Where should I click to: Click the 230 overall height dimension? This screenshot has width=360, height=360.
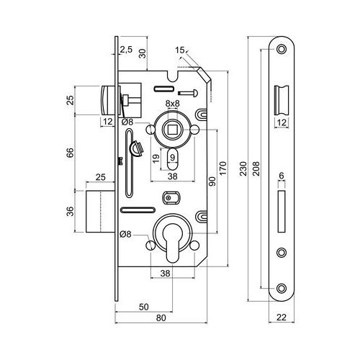coord(243,168)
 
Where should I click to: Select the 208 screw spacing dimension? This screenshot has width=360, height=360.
coord(256,168)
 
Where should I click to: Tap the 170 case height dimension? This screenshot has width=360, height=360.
coord(222,168)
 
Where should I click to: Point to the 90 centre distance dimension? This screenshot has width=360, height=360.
coord(212,181)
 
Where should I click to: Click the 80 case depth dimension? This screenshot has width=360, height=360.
coord(161,318)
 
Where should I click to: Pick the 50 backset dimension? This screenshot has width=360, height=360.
coord(144,307)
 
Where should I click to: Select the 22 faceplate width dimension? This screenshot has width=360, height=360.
coord(282,317)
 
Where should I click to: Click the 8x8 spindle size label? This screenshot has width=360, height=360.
coord(173,104)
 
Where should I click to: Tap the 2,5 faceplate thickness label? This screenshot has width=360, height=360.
coord(126,50)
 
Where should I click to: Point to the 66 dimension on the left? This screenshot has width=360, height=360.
coord(70,153)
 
